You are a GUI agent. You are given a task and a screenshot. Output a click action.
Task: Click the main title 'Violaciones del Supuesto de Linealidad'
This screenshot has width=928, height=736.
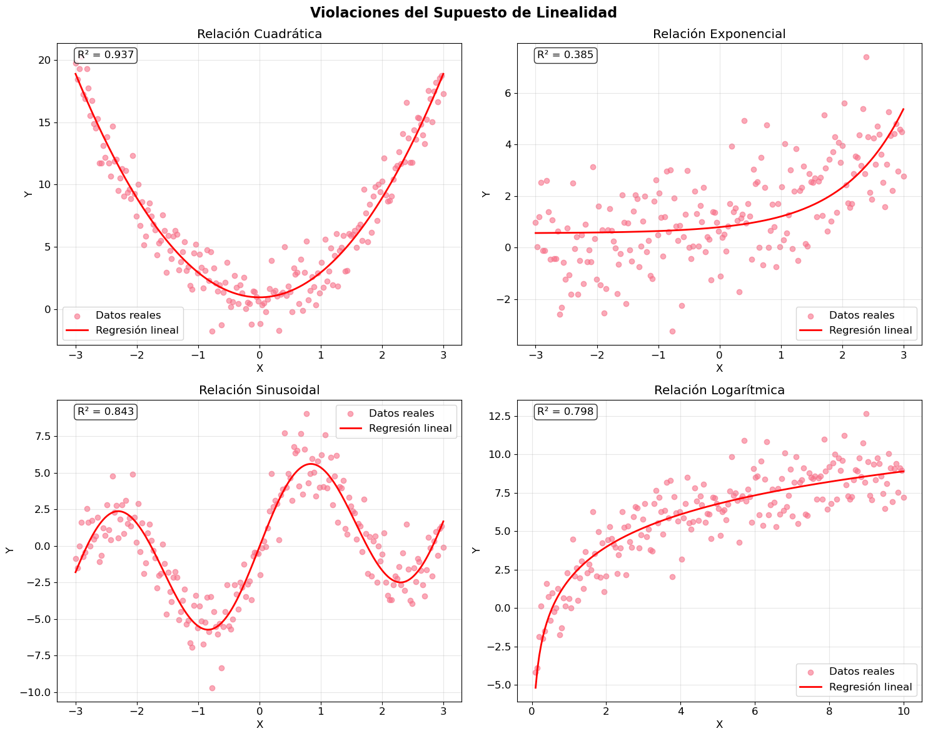[463, 12]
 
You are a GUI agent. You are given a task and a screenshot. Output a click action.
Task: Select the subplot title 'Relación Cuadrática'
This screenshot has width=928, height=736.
[260, 34]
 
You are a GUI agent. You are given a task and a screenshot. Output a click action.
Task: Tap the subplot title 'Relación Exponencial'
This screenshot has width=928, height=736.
[719, 34]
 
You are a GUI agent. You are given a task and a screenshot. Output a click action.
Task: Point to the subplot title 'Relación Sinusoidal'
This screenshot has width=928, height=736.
[260, 390]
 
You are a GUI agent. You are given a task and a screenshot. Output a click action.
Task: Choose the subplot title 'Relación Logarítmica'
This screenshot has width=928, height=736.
[719, 390]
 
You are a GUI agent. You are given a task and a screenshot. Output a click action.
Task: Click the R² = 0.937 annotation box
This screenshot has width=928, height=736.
[106, 55]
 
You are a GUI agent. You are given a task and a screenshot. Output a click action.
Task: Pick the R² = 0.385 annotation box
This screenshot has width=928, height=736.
[565, 55]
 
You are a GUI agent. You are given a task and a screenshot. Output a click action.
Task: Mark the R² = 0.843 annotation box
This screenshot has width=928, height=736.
[106, 411]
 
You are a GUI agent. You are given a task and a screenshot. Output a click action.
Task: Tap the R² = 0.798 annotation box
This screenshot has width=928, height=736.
[565, 411]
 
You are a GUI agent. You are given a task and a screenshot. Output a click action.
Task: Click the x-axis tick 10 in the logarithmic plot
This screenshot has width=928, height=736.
[903, 710]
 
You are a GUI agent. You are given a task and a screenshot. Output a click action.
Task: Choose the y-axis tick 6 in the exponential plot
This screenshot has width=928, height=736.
[507, 93]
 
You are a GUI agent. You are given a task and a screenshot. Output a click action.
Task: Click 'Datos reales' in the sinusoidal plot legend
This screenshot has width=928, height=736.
[401, 413]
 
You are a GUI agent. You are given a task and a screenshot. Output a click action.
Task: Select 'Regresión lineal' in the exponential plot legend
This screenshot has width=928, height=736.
[870, 331]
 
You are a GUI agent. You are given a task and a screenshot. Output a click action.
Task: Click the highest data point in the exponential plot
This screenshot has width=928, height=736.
[866, 57]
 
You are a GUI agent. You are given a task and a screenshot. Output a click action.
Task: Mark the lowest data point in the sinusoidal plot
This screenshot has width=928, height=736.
[212, 688]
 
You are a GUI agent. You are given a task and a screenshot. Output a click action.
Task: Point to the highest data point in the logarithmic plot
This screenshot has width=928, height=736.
[866, 414]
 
